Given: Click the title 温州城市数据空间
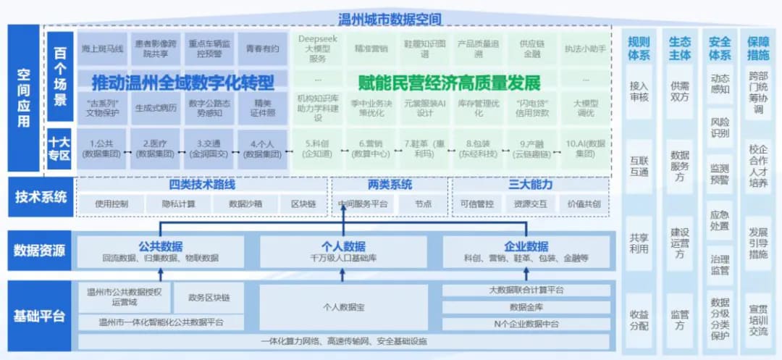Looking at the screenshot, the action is point(390,18).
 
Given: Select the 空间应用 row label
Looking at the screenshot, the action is point(24,98).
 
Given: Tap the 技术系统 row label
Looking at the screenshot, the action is point(40,196).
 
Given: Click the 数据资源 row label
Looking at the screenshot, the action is point(40,251).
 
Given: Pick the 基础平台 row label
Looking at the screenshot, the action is point(40,316).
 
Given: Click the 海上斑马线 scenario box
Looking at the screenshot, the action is point(101,49).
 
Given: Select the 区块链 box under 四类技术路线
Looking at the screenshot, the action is point(303,204).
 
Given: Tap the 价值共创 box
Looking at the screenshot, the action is point(584,204).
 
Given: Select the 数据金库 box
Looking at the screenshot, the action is point(527,307).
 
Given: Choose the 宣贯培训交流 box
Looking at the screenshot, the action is point(758,318).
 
